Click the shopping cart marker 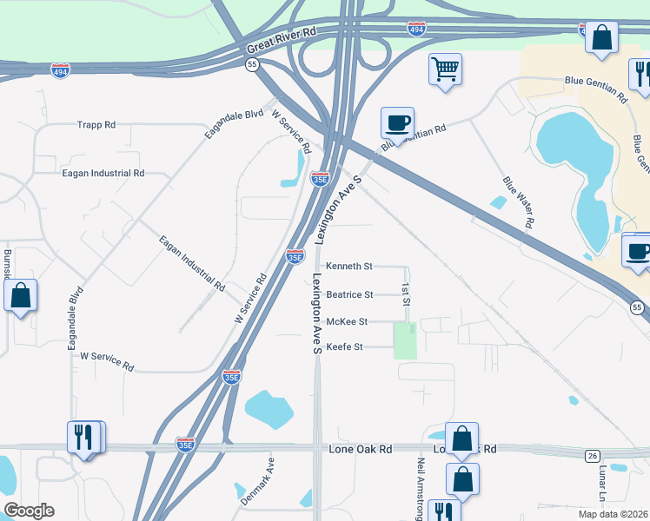(x=446, y=69)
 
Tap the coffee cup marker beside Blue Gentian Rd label (x=397, y=122)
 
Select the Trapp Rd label (x=96, y=125)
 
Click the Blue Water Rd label (x=517, y=202)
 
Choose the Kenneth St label (x=348, y=267)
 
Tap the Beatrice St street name (x=349, y=294)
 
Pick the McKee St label (x=348, y=321)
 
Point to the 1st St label (x=405, y=294)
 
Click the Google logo (x=29, y=511)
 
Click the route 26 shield (x=593, y=457)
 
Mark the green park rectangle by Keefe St (x=405, y=340)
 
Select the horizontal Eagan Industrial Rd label (x=103, y=174)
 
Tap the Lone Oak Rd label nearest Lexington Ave (x=361, y=450)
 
